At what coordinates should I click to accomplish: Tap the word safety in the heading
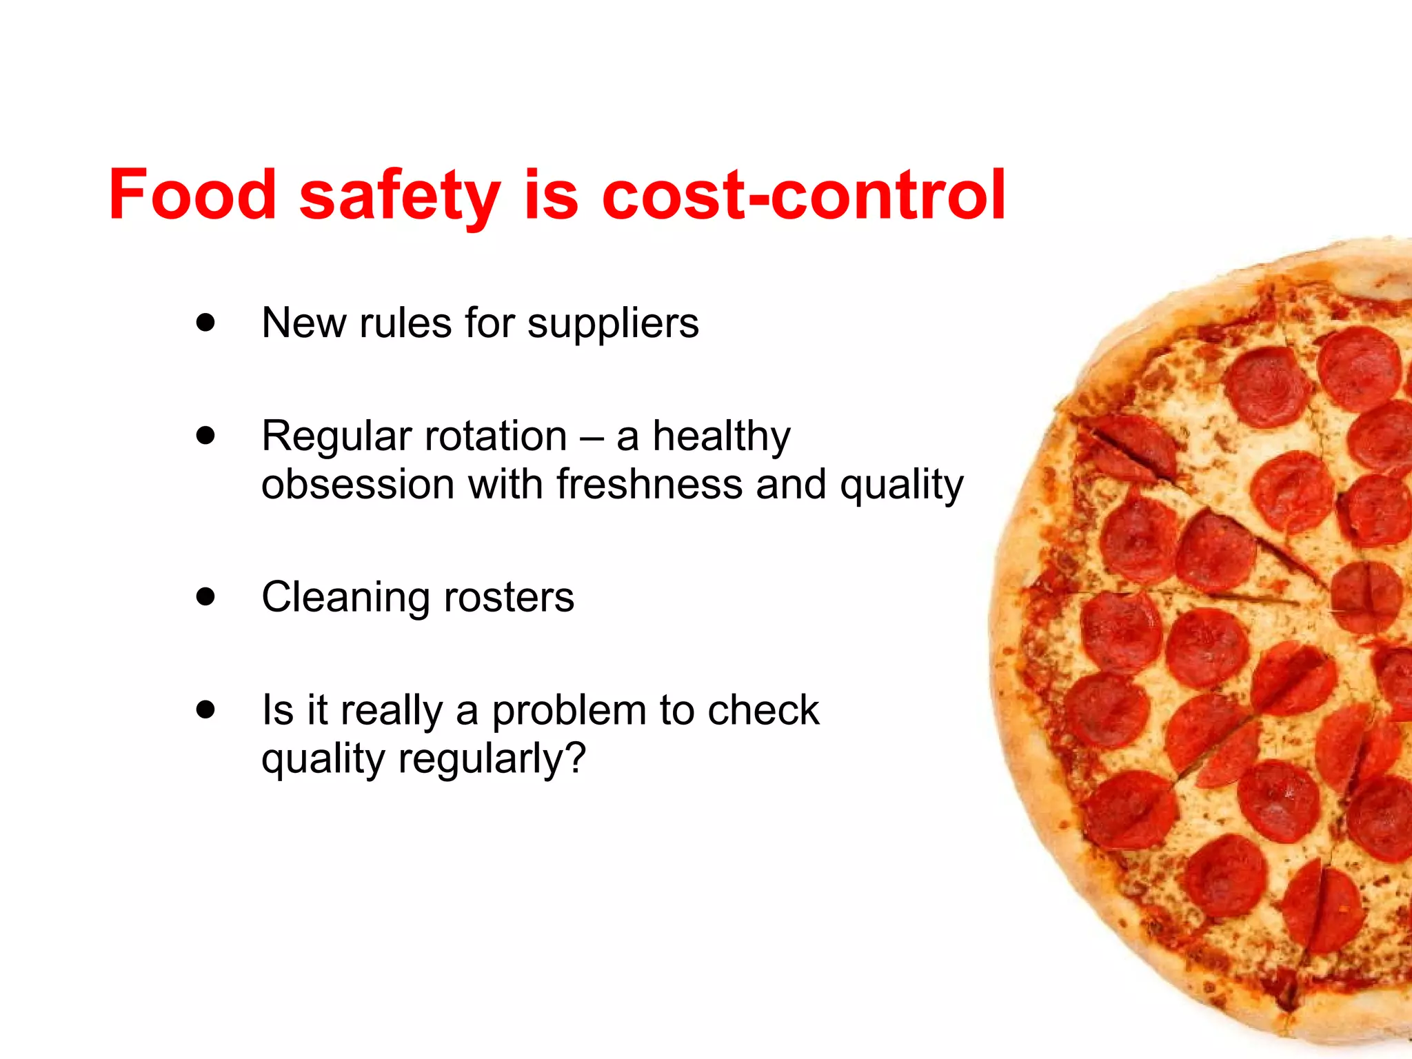coord(400,196)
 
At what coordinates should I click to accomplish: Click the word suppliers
coord(613,324)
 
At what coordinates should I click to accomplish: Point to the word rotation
coord(496,436)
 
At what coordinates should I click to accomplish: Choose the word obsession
coord(358,484)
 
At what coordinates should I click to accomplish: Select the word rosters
coord(509,597)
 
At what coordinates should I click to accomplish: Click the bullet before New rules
coord(205,323)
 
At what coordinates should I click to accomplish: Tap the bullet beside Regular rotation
coord(205,436)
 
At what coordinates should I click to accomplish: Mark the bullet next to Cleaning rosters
coord(205,596)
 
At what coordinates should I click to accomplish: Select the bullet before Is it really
coord(205,709)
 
